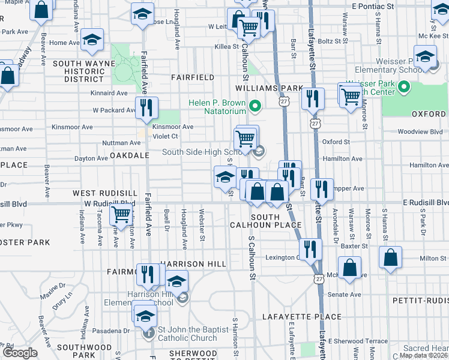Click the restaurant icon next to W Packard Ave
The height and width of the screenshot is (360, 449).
click(x=146, y=107)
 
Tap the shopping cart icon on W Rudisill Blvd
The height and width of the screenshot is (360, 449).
click(x=121, y=213)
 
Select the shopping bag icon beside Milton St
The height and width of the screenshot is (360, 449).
click(x=390, y=259)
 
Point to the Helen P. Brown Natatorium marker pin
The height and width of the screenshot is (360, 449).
click(x=255, y=107)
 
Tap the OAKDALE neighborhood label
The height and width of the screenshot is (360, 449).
click(x=130, y=155)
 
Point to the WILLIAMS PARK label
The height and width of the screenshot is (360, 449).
click(x=269, y=88)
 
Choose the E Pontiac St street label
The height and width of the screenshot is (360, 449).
click(x=373, y=6)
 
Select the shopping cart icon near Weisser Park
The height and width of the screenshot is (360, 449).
click(x=350, y=95)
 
